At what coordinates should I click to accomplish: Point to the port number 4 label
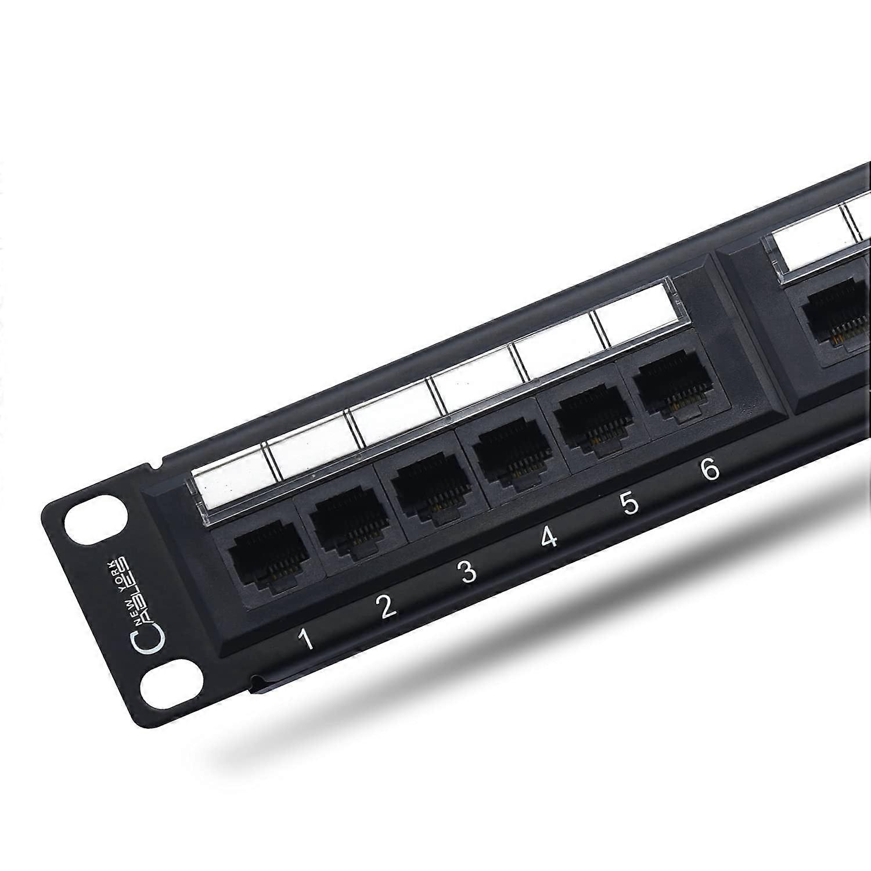tap(549, 538)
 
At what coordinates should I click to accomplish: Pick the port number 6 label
tap(710, 469)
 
